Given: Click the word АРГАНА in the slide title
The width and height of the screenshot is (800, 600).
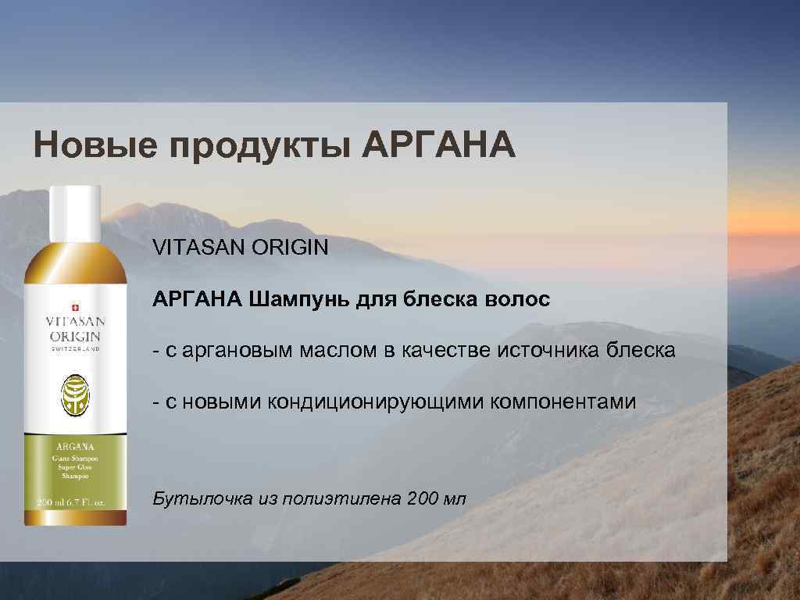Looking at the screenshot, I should point(440,145).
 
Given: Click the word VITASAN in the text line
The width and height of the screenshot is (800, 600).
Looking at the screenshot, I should point(199,248).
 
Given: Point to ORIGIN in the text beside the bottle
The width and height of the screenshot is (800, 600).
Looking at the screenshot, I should point(290,248).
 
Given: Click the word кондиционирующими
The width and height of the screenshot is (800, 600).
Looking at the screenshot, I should point(377,402).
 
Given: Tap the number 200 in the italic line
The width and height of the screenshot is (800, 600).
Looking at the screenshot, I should point(423,498).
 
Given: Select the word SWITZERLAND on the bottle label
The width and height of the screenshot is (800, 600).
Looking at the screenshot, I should point(75,348).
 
